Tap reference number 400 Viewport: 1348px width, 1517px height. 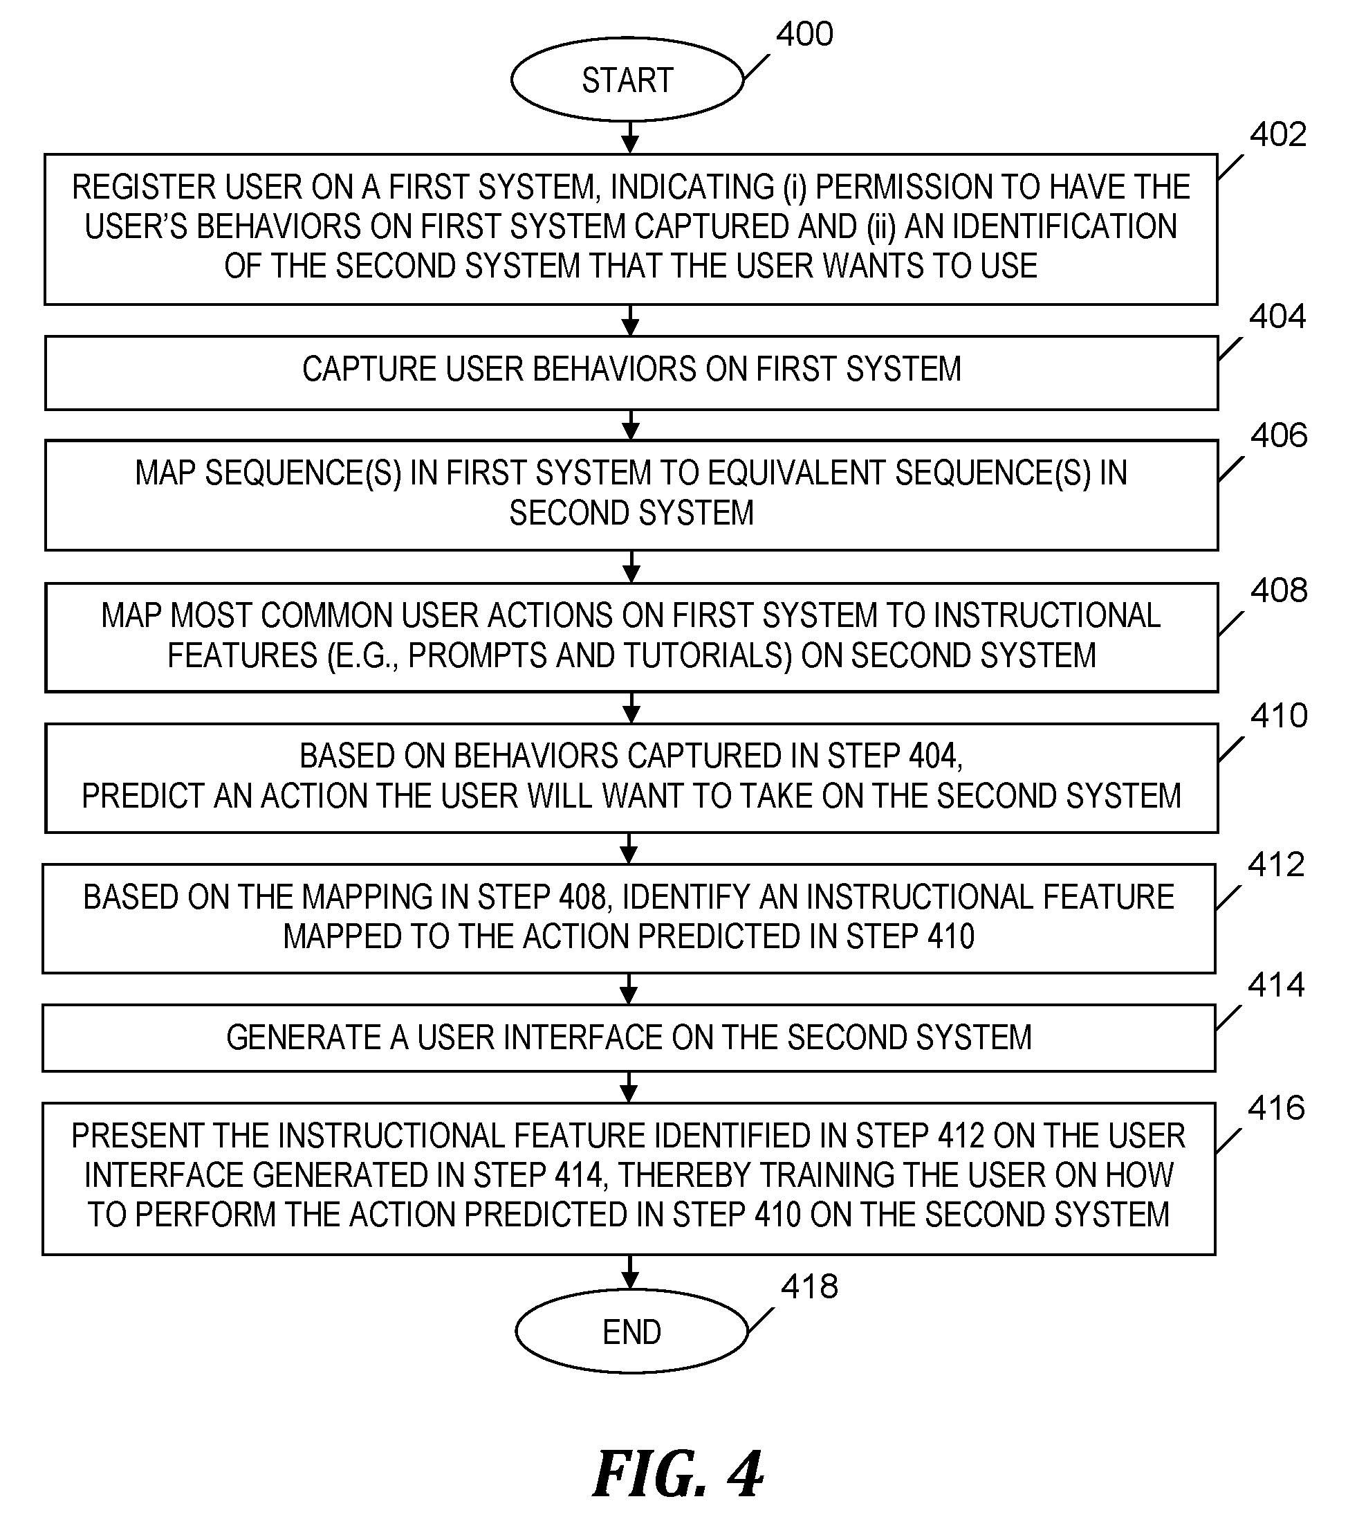point(805,34)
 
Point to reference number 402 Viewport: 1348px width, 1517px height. point(1277,134)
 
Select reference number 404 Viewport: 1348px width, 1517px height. point(1277,316)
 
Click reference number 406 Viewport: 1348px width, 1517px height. point(1279,435)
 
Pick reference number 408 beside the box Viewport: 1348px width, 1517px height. point(1279,590)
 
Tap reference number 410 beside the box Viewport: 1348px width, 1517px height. point(1279,716)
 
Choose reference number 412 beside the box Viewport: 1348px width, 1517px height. point(1276,864)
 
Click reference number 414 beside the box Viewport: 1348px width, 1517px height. point(1276,985)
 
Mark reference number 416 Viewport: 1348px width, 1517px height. point(1276,1108)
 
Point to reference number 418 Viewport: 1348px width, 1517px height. point(809,1286)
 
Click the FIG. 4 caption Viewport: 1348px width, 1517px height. point(678,1475)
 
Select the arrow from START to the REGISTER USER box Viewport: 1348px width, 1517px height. point(630,137)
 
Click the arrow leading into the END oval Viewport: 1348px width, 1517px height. point(630,1271)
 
